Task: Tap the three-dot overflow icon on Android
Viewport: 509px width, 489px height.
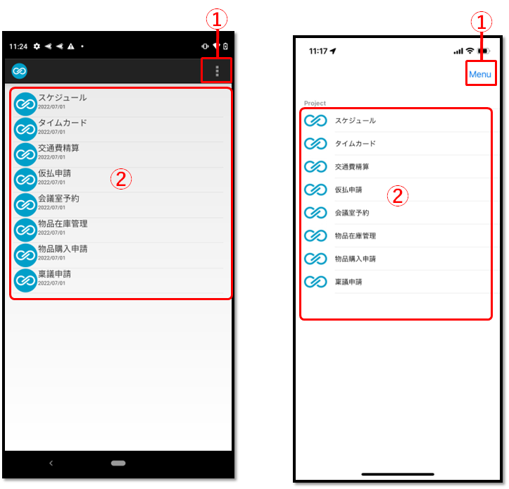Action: click(217, 71)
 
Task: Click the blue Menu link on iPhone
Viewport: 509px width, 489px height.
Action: click(480, 75)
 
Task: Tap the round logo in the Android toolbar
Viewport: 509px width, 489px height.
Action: click(19, 71)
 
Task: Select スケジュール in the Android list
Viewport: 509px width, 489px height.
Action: click(63, 97)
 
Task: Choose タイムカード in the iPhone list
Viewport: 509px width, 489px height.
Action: click(355, 144)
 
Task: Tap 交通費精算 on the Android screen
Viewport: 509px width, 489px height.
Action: click(58, 148)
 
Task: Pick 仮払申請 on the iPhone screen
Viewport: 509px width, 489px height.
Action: click(348, 190)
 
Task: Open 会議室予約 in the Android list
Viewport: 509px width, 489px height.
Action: click(58, 199)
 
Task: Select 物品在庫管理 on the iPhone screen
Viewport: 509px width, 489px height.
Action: click(355, 236)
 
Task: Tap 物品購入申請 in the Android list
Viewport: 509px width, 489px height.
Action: click(63, 249)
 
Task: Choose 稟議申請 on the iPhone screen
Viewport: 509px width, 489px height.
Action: click(348, 282)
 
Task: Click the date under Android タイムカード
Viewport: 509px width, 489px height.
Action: click(51, 132)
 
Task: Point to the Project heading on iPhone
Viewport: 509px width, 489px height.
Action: click(315, 104)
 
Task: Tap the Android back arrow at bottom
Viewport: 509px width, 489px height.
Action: click(51, 463)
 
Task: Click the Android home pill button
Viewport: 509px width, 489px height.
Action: click(118, 463)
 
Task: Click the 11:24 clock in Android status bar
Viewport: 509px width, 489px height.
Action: click(18, 47)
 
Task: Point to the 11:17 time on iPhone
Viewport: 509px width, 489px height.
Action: click(318, 51)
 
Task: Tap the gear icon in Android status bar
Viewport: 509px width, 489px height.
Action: click(37, 47)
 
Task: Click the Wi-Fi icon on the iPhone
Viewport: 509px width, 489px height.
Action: click(470, 51)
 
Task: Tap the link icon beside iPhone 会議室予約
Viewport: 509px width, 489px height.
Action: click(315, 213)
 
